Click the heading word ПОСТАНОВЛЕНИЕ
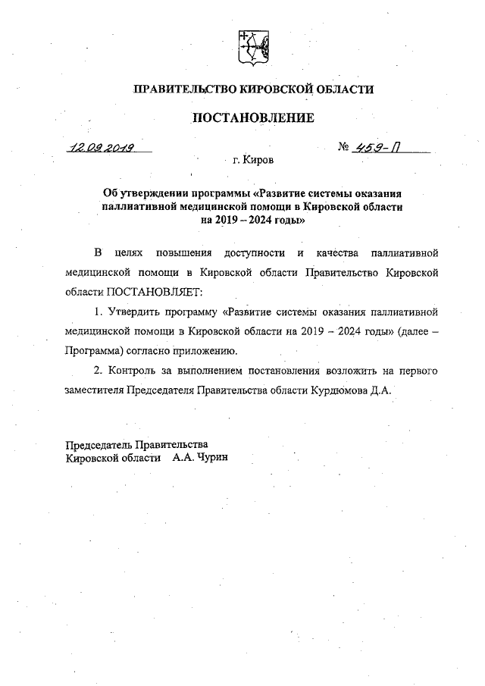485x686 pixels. [x=252, y=117]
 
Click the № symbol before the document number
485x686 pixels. [x=346, y=147]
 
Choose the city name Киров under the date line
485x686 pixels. [x=260, y=161]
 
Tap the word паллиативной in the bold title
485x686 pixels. [x=139, y=205]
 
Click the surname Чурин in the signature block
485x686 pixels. [x=211, y=458]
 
